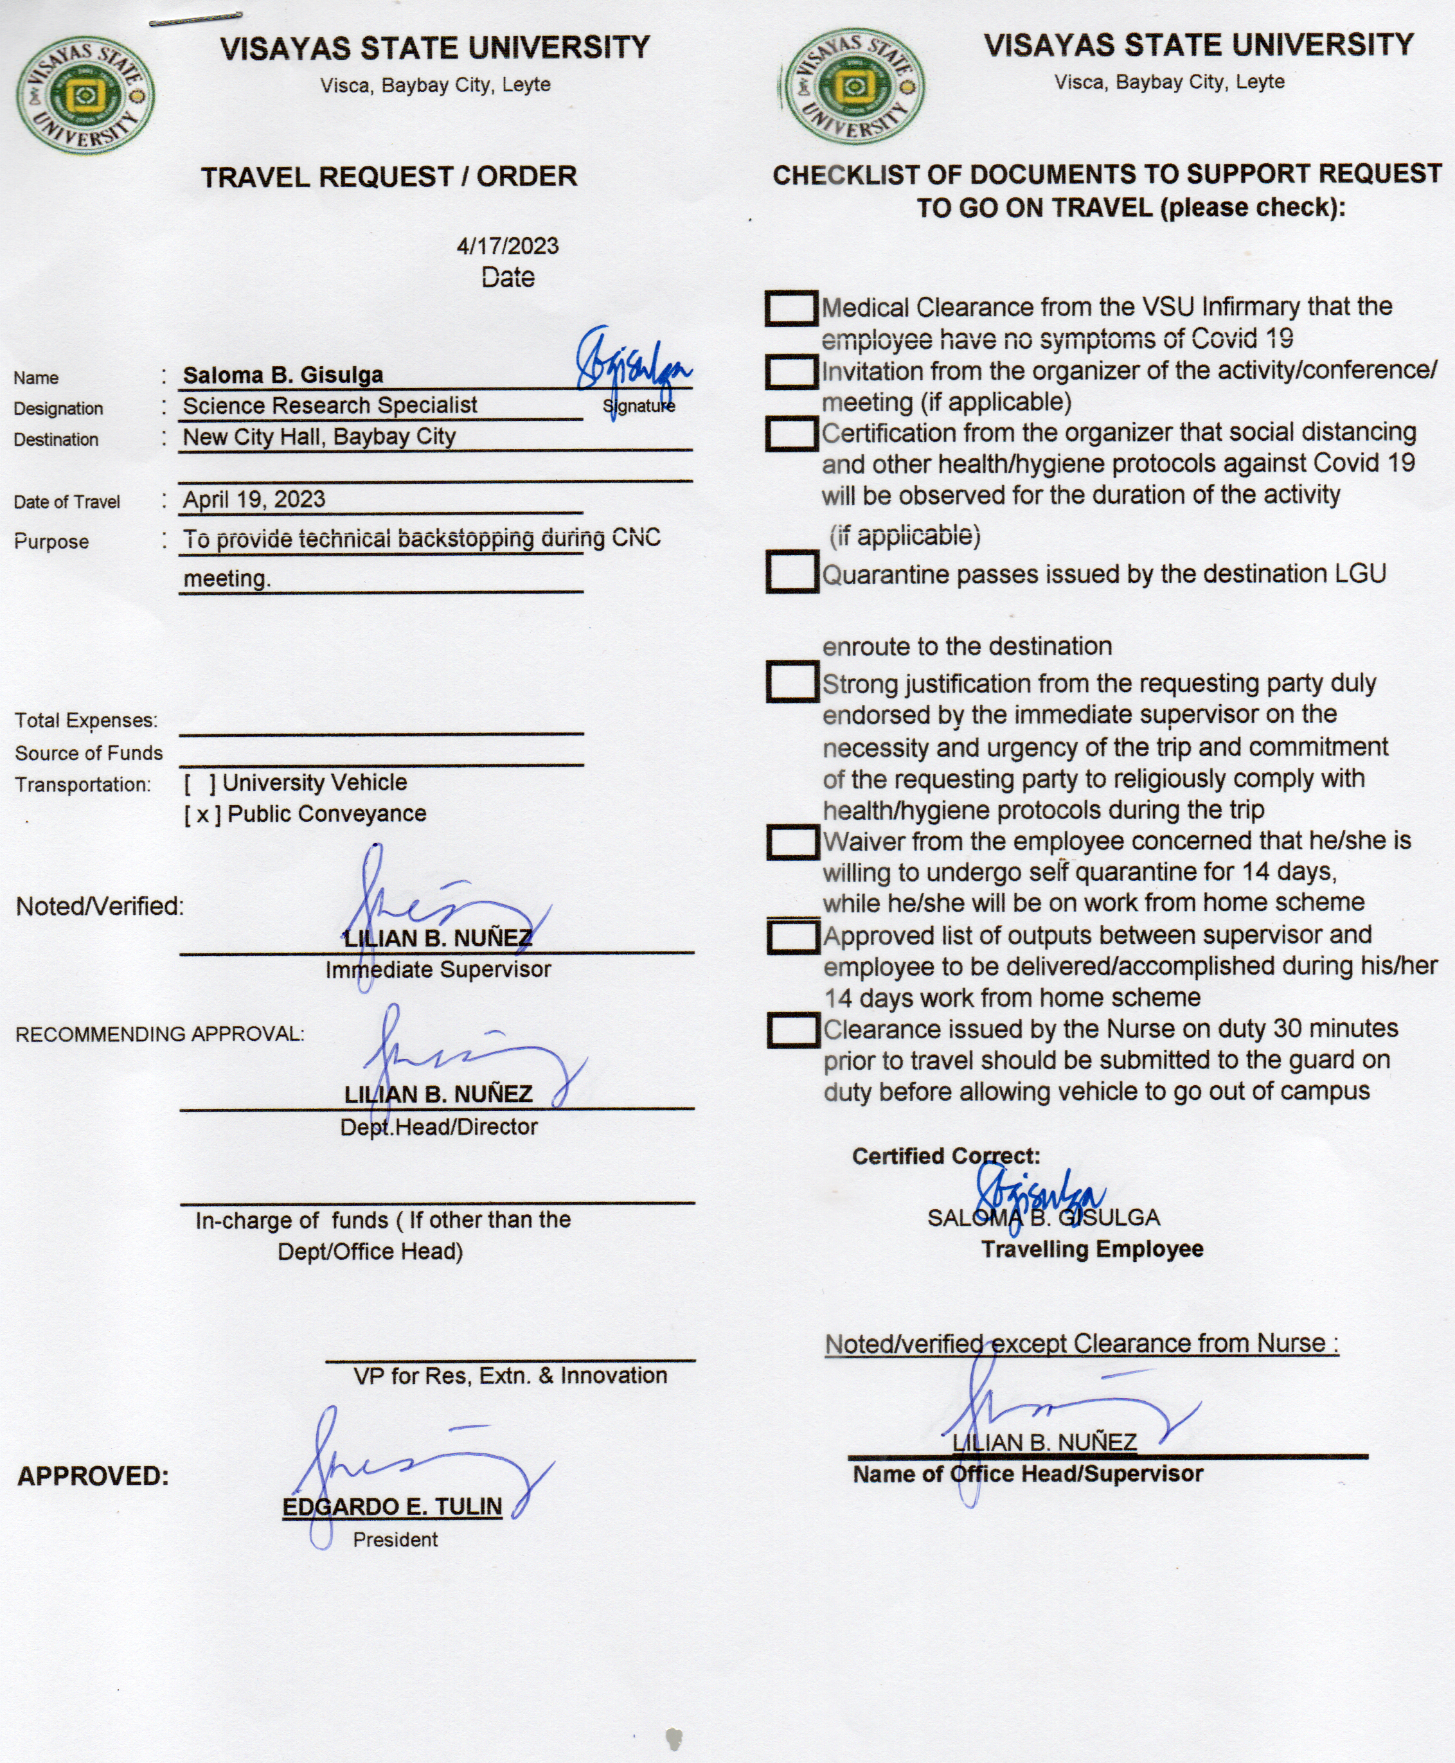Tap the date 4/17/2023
[x=507, y=245]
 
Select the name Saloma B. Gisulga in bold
[x=283, y=375]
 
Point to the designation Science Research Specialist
[x=330, y=405]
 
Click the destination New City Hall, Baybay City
[x=319, y=436]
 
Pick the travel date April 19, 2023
[x=254, y=499]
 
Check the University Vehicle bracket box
[x=201, y=783]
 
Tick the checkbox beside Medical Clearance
[x=791, y=308]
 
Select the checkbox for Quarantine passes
[x=791, y=572]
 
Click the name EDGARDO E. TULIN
[x=392, y=1507]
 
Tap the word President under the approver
[x=395, y=1540]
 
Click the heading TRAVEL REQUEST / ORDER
[x=389, y=177]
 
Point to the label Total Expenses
[x=85, y=721]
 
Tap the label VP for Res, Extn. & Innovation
[x=510, y=1376]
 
